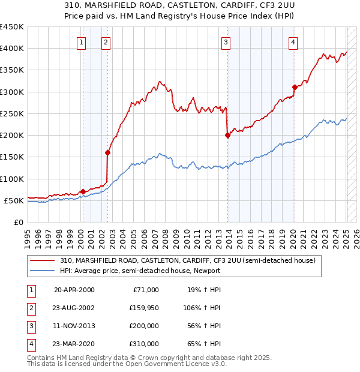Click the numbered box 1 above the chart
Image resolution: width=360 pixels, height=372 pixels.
pos(81,42)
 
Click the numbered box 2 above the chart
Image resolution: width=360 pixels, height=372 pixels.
pos(105,42)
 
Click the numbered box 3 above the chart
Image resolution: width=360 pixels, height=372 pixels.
pos(226,42)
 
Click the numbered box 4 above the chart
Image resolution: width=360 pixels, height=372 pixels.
pos(293,42)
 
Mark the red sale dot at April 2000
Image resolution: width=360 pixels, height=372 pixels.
pos(83,191)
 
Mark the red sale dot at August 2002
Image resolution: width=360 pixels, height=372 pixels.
pos(108,152)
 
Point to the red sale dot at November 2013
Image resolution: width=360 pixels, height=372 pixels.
pos(228,135)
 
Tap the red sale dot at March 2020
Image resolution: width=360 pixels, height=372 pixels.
pos(295,87)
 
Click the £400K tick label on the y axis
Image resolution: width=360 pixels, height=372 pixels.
pos(12,49)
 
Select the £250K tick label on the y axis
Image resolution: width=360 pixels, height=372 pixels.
pos(12,113)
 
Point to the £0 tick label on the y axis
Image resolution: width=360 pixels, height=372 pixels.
pos(19,222)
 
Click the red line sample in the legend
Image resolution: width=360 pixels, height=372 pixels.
pos(43,260)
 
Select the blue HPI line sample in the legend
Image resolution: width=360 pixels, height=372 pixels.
pos(43,271)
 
